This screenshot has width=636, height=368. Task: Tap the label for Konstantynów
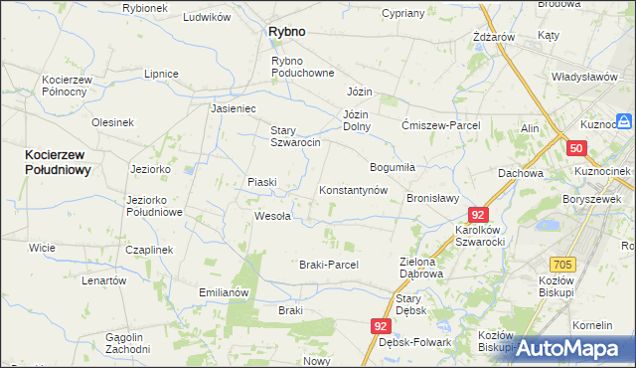click(x=352, y=190)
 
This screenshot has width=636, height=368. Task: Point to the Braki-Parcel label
click(x=328, y=265)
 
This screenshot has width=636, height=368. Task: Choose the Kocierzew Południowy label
click(x=58, y=162)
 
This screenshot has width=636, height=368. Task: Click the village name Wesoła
click(x=272, y=215)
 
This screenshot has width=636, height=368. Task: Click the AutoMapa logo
click(x=573, y=348)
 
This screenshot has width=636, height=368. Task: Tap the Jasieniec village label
click(x=234, y=108)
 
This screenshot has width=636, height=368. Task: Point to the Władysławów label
click(x=585, y=78)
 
